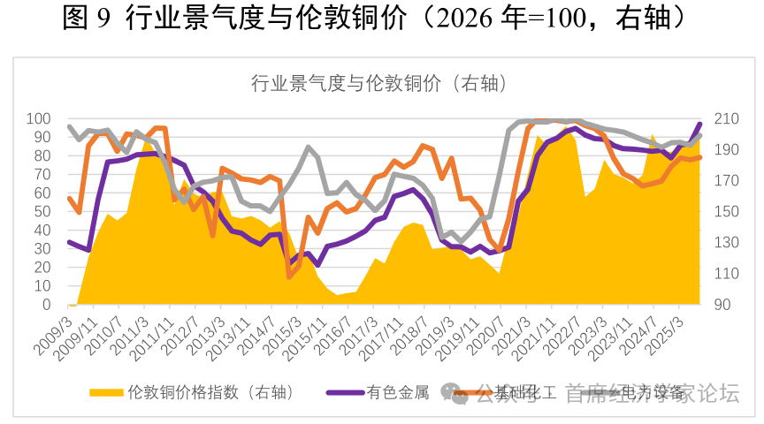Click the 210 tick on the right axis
point(720,118)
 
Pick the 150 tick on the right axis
point(720,212)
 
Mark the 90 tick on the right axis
point(716,305)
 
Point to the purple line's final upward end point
point(699,125)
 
